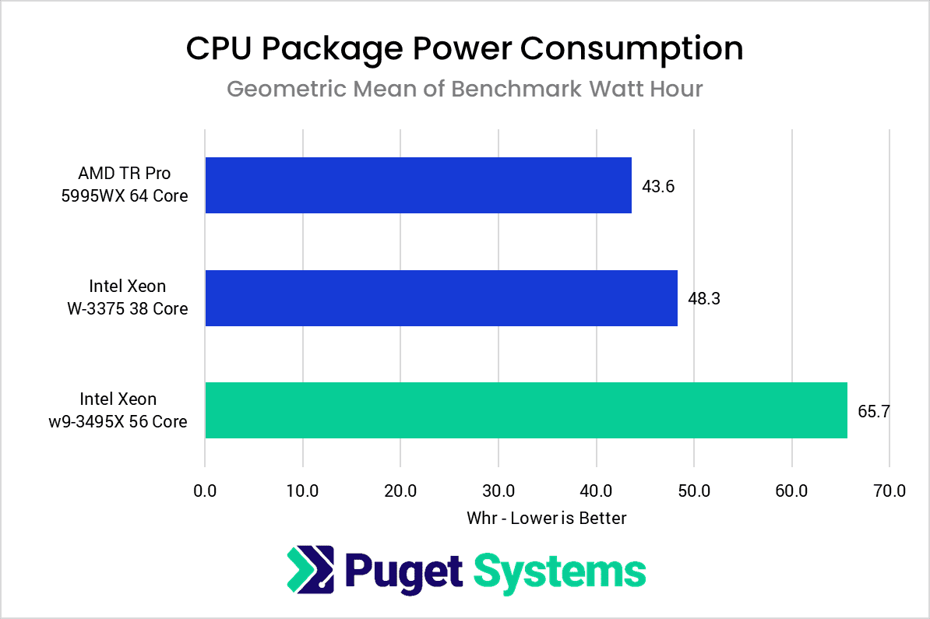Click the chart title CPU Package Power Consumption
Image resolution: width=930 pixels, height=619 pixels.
pyautogui.click(x=464, y=49)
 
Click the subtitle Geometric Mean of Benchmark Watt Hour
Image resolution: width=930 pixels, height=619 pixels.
pyautogui.click(x=464, y=89)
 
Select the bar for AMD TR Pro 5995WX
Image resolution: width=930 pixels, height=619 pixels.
pyautogui.click(x=417, y=185)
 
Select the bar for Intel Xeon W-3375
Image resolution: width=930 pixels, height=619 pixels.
pyautogui.click(x=441, y=297)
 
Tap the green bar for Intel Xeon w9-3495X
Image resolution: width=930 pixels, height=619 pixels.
pyautogui.click(x=526, y=410)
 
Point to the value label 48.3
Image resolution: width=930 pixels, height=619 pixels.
pyautogui.click(x=704, y=298)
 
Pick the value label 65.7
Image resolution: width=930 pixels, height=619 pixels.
pyautogui.click(x=874, y=411)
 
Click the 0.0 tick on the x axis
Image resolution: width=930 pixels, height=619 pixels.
pyautogui.click(x=205, y=491)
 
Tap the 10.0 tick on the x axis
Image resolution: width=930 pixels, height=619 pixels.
pyautogui.click(x=302, y=491)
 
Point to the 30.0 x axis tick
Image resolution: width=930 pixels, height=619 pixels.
pyautogui.click(x=498, y=491)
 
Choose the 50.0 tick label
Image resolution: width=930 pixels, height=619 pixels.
pyautogui.click(x=694, y=491)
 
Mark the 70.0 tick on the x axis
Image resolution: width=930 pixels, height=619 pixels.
pyautogui.click(x=889, y=491)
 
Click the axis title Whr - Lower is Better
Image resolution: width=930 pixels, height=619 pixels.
pyautogui.click(x=547, y=518)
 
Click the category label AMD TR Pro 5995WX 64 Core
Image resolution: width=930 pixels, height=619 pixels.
pyautogui.click(x=125, y=185)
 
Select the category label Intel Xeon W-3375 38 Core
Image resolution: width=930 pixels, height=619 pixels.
pyautogui.click(x=128, y=297)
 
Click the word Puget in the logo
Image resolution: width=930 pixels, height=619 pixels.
pyautogui.click(x=404, y=572)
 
